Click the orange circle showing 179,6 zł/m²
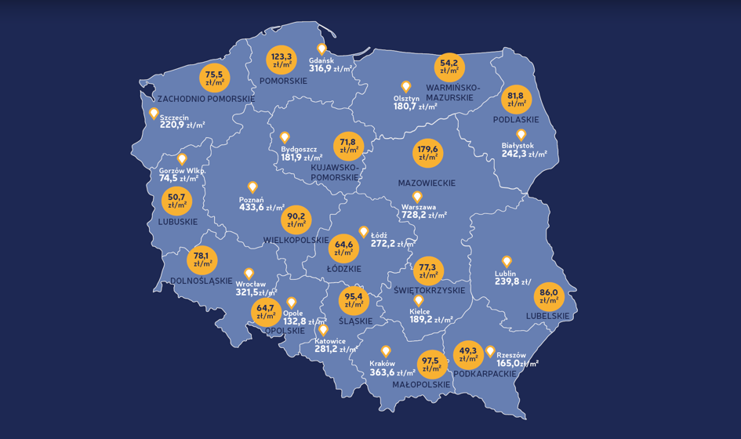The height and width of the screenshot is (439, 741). [x=429, y=152]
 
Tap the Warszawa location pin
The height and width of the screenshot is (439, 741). [x=417, y=197]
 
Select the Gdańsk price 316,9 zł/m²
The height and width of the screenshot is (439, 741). [x=330, y=69]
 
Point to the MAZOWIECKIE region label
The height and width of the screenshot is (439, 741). [x=427, y=183]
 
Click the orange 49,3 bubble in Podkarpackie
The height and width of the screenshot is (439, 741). [x=468, y=357]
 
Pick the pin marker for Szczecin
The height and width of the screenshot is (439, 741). [x=154, y=113]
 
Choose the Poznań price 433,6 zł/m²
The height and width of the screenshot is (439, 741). [x=261, y=208]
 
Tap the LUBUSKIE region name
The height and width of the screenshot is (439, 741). [x=178, y=222]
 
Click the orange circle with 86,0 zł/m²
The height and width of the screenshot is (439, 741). [x=549, y=297]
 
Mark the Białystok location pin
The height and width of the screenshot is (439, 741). [x=521, y=135]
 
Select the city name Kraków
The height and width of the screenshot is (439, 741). [x=382, y=363]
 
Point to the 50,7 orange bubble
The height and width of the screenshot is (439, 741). [x=176, y=201]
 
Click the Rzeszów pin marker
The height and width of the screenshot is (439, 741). [x=491, y=351]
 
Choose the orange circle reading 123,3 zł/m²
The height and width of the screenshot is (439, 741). [x=282, y=60]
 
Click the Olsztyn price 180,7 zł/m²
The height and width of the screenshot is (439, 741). [x=416, y=106]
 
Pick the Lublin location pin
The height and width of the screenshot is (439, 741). [x=507, y=261]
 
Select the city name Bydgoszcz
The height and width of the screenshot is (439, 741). [x=299, y=148]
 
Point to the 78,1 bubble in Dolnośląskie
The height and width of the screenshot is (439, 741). [x=201, y=259]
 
